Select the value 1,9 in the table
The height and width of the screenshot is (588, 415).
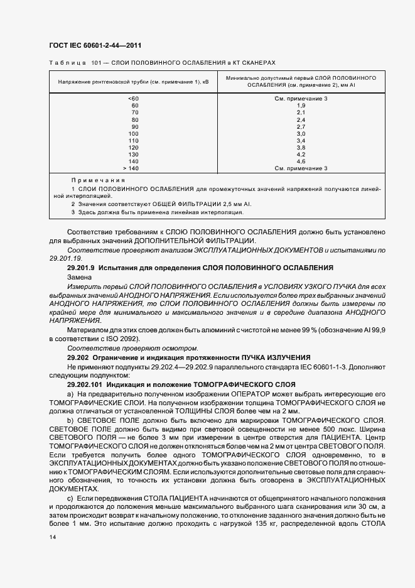(301, 106)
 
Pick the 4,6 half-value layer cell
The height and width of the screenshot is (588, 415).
(301, 161)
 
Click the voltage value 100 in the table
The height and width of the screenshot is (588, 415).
(133, 134)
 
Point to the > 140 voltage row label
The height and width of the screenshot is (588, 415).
(132, 168)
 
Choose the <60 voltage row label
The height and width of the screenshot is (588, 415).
(133, 99)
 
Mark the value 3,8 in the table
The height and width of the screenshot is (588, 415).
(301, 148)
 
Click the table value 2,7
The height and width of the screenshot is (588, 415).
(301, 127)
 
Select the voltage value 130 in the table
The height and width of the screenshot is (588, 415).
(133, 155)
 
